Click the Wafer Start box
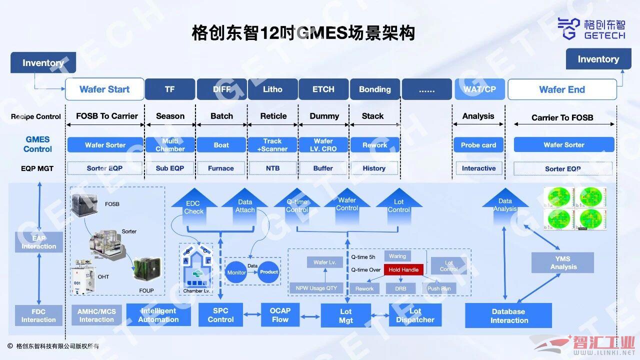click(104, 89)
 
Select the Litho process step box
click(273, 89)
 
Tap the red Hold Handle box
click(403, 270)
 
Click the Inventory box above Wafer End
click(598, 59)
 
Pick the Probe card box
click(478, 145)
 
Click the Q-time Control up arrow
click(297, 206)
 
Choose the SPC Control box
click(220, 314)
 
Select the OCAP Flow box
click(280, 314)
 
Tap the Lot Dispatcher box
click(415, 315)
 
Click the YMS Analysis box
click(563, 262)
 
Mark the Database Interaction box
click(508, 315)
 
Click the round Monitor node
click(236, 272)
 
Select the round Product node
click(269, 272)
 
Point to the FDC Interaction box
click(38, 315)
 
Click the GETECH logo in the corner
click(591, 28)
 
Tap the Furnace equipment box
click(221, 168)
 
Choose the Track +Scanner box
click(272, 145)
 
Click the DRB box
click(401, 288)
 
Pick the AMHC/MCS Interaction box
click(96, 315)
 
